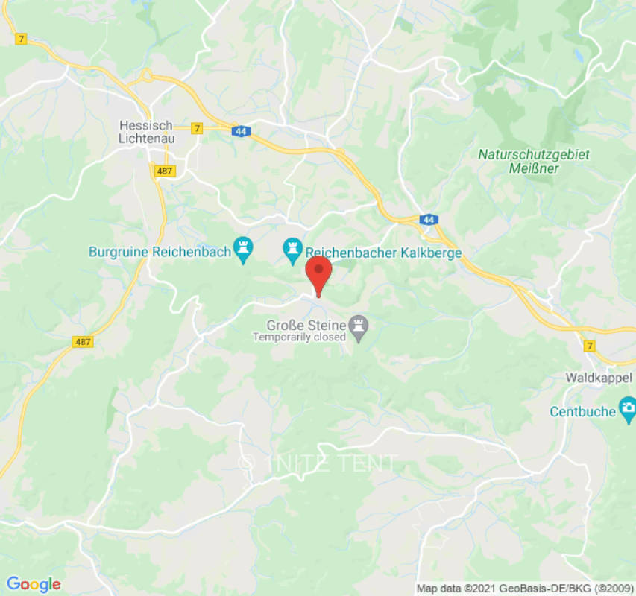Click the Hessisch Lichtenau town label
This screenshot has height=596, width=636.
pos(146,132)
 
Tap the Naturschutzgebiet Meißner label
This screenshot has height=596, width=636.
pos(533,162)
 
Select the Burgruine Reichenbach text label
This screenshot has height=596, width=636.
pos(160,252)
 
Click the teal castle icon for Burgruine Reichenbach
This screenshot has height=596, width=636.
pos(243,250)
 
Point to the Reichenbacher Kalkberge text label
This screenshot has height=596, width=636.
pos(384,253)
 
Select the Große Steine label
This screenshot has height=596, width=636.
pos(306,325)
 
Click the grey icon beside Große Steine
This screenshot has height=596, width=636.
pos(360,329)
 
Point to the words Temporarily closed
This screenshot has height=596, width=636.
pos(299,337)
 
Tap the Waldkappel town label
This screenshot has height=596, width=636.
pos(599,378)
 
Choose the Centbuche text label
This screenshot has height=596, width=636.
pos(582,411)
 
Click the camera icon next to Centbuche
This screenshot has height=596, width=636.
pos(628,408)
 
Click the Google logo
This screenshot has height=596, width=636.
pos(33,584)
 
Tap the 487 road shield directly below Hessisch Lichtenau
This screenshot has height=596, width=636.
pos(166,171)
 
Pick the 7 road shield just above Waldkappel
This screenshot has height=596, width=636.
pos(589,345)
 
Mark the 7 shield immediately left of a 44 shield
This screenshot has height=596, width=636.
pos(197,128)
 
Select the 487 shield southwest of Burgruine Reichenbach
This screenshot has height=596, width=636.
pos(84,341)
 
